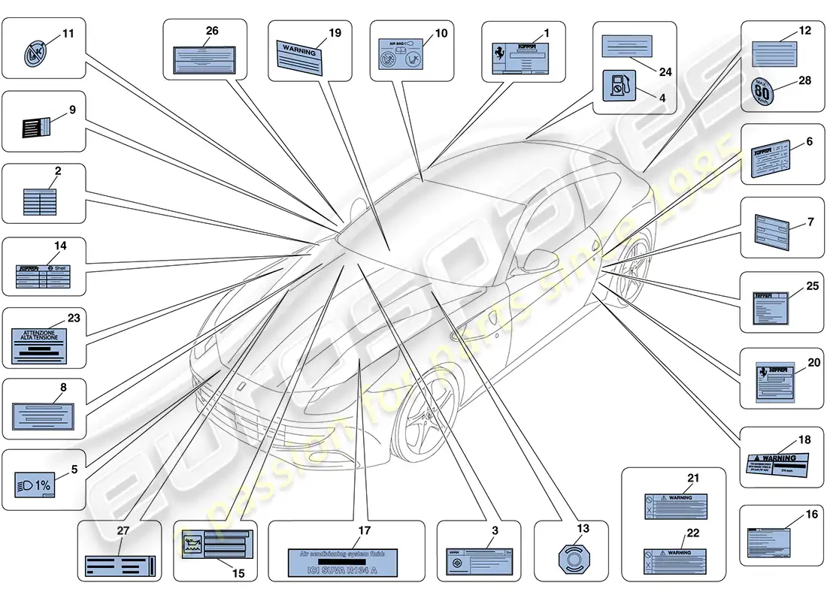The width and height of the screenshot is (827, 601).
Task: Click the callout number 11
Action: (x=68, y=34)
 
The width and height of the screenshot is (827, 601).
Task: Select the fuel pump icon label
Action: (x=619, y=86)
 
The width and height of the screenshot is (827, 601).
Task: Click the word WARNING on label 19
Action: (x=299, y=49)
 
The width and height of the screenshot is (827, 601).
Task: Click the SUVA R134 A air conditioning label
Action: (x=344, y=561)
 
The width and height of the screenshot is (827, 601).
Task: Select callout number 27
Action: (x=123, y=530)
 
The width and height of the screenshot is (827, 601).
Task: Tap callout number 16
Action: (x=790, y=515)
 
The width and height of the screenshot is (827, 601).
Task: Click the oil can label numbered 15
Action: (x=213, y=548)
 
